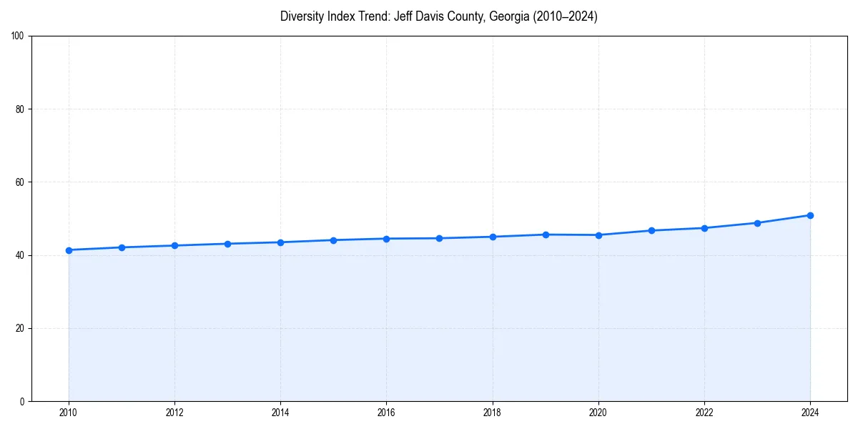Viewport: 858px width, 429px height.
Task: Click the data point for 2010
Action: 69,250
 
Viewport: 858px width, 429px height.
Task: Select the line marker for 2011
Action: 122,247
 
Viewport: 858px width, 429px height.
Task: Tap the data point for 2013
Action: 227,244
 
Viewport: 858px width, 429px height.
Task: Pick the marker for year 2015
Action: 333,240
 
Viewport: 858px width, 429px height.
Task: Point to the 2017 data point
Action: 439,238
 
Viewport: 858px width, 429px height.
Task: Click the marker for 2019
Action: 546,235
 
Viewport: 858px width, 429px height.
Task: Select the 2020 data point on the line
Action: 598,235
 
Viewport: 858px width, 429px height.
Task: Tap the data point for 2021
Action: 651,230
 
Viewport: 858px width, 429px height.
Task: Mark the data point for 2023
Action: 757,223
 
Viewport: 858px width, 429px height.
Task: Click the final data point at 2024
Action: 810,215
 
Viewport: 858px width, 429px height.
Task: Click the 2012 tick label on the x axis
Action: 174,413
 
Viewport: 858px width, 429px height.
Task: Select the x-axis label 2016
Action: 386,413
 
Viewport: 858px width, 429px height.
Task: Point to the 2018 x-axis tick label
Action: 492,413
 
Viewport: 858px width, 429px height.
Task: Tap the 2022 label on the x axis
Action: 704,413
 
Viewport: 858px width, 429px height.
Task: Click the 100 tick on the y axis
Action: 18,36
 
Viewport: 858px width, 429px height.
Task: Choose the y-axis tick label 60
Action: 20,182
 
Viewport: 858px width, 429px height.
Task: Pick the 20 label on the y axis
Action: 20,328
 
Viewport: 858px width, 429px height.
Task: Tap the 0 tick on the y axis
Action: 22,401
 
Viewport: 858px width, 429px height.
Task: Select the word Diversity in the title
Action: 301,16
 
